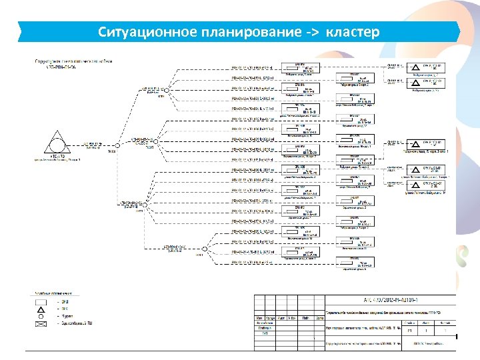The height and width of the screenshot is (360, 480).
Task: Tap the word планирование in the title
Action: (229, 32)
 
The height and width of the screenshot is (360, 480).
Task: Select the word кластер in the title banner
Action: (353, 32)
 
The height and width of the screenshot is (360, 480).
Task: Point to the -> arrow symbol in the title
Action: (302, 33)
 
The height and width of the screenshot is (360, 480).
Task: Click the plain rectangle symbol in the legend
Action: (41, 301)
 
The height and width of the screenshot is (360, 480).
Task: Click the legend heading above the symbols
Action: (57, 293)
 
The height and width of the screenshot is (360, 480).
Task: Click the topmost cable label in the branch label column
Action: (251, 67)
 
